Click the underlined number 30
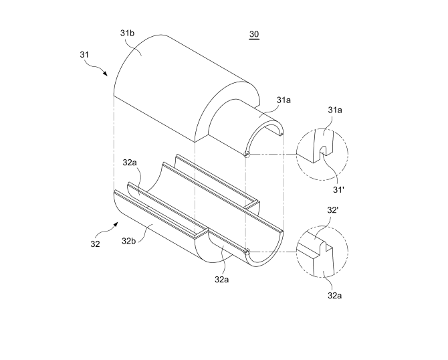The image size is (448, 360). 254,34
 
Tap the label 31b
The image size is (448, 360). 127,33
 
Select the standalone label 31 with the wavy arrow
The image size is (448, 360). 84,54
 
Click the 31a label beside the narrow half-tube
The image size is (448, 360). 284,100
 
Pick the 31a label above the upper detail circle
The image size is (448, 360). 335,110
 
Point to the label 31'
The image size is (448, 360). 338,189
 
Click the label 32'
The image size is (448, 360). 332,210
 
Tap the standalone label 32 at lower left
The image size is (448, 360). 95,244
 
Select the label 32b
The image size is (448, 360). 128,241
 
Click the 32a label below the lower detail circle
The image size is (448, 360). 334,295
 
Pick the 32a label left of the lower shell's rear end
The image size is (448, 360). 130,163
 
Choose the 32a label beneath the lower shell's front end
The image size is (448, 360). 222,279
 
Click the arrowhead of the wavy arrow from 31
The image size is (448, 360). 106,74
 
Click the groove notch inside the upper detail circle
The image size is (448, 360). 322,151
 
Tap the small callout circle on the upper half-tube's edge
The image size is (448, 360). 247,155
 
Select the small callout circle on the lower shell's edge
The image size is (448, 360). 247,252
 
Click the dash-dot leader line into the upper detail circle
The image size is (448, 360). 273,155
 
